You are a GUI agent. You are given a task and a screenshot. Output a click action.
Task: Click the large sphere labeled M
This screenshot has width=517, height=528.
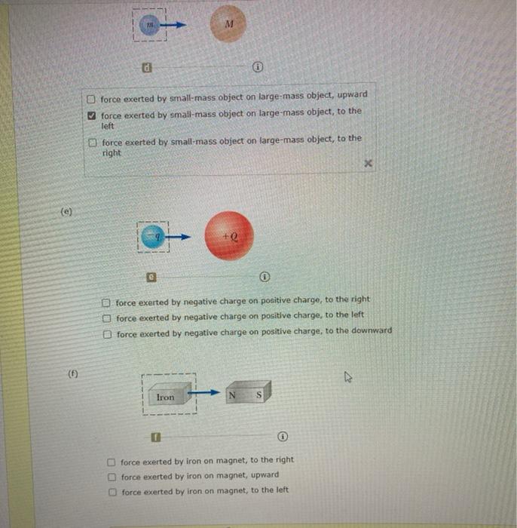pyautogui.click(x=228, y=25)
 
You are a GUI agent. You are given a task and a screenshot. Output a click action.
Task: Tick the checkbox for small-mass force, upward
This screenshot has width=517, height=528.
pyautogui.click(x=91, y=98)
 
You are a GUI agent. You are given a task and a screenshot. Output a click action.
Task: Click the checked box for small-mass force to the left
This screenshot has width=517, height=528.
pyautogui.click(x=92, y=115)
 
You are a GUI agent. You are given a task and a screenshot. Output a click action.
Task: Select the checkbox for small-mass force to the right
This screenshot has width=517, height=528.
pyautogui.click(x=92, y=143)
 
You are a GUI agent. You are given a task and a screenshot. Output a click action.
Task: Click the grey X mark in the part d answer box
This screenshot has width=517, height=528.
pyautogui.click(x=369, y=163)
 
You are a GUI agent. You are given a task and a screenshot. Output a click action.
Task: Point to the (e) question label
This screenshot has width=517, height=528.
pyautogui.click(x=66, y=213)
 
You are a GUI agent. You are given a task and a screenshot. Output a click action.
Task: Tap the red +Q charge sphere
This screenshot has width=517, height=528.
pyautogui.click(x=229, y=235)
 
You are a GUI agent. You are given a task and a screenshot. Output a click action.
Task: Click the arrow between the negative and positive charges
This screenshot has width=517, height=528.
pyautogui.click(x=179, y=237)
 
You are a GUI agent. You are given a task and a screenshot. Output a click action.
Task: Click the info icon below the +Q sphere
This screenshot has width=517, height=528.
pyautogui.click(x=265, y=276)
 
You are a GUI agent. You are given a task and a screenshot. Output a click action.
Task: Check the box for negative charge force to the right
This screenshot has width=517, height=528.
pyautogui.click(x=107, y=301)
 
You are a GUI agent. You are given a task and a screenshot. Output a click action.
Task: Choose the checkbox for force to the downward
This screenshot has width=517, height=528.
pyautogui.click(x=108, y=333)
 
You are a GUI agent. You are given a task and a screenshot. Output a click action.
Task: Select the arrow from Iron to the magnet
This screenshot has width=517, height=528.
pyautogui.click(x=203, y=393)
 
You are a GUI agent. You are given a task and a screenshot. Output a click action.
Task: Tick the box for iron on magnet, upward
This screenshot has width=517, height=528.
pyautogui.click(x=112, y=477)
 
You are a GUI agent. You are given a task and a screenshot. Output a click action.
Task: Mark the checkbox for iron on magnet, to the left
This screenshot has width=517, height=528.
pyautogui.click(x=112, y=493)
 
